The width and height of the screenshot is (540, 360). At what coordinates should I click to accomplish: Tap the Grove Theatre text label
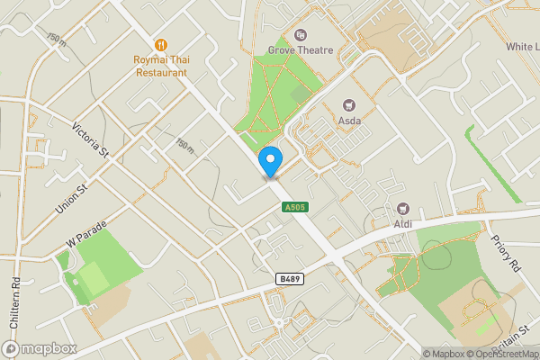[301, 50]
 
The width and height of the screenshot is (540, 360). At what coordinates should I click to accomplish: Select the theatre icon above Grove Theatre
[301, 34]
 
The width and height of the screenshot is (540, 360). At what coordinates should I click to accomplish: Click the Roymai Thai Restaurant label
[162, 66]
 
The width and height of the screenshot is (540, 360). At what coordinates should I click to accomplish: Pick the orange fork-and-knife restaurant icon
[162, 43]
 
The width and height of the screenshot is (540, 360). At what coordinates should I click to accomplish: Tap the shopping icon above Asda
[350, 105]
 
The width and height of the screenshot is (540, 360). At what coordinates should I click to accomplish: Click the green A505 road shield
[287, 207]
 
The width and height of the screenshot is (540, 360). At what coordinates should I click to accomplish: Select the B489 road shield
[288, 281]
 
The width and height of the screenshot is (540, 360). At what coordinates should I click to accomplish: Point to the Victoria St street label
[92, 142]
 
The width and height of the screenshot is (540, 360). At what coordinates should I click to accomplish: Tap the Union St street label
[68, 200]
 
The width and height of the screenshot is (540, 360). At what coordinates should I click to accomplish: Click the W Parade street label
[86, 236]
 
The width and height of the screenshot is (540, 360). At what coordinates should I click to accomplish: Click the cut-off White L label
[522, 47]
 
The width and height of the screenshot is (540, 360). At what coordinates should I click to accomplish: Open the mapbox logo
[40, 348]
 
